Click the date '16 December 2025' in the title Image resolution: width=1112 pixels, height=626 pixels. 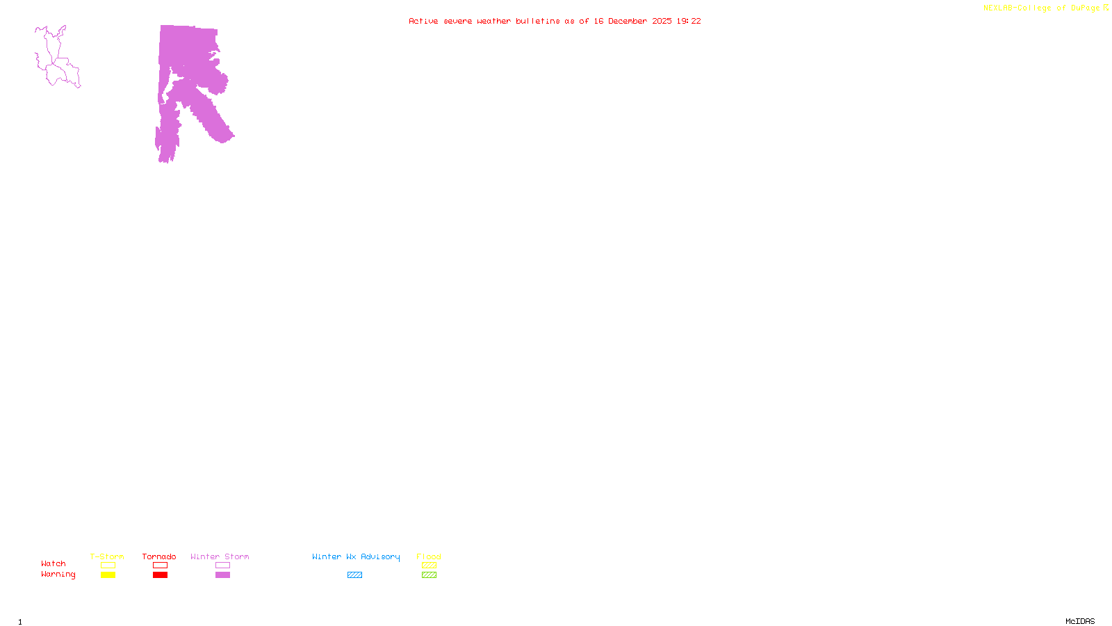coord(632,22)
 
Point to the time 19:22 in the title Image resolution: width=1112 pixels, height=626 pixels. coord(689,22)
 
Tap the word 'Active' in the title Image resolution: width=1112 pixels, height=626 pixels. coord(423,22)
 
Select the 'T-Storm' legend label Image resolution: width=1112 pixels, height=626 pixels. coord(107,556)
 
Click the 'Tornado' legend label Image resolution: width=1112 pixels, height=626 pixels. coord(159,556)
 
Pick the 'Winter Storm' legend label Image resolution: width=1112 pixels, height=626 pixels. coord(220,556)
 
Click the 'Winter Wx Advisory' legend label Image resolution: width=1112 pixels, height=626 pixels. coord(356,556)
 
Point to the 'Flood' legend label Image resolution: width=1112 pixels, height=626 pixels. coord(429,556)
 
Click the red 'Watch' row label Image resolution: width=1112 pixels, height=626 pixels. coord(54,564)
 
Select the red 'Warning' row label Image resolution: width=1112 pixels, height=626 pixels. coord(58,575)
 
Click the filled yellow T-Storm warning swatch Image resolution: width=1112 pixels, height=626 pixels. coord(108,575)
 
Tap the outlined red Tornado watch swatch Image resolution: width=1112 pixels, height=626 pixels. coord(160,565)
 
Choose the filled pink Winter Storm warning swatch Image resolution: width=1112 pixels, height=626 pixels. coord(222,575)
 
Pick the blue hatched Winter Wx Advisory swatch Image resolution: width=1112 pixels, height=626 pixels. coord(354,575)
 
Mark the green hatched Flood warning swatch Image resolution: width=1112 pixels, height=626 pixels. coord(429,575)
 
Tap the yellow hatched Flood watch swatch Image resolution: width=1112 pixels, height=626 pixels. coord(429,565)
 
